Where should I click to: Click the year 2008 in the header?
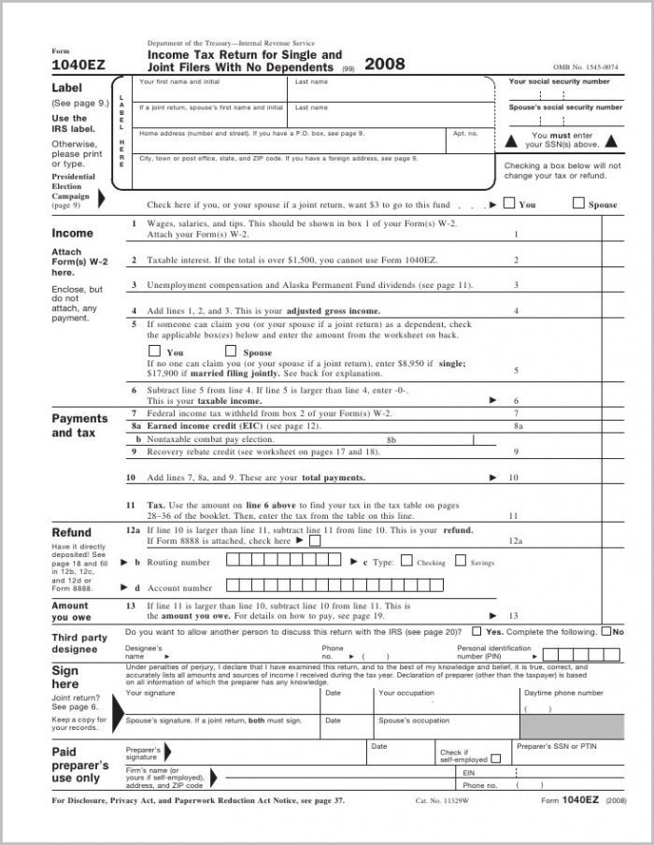click(384, 64)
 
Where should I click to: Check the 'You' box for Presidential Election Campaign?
click(508, 203)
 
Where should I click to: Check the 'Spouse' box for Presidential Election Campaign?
click(577, 203)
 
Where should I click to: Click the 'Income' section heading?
click(72, 233)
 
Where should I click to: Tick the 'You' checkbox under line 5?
click(155, 351)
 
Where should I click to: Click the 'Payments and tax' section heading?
click(79, 425)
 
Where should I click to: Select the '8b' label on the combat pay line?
click(392, 438)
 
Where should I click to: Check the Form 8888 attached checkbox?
click(315, 539)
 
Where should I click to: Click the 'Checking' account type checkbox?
click(405, 562)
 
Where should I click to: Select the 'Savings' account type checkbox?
click(461, 562)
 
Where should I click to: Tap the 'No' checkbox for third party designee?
click(606, 632)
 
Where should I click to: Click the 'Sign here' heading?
click(65, 677)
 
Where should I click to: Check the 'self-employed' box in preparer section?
click(495, 759)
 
